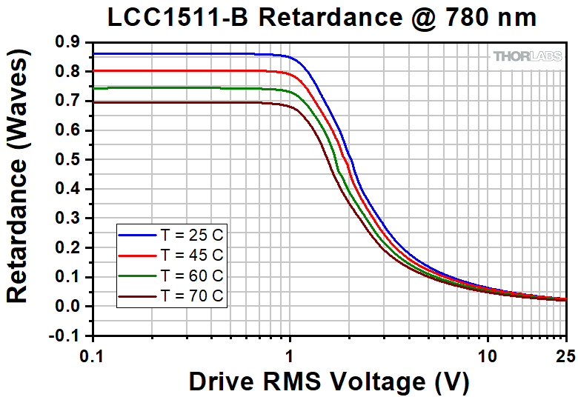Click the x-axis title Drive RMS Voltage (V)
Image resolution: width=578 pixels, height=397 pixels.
click(x=328, y=381)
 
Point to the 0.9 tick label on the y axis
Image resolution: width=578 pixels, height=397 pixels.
click(x=67, y=43)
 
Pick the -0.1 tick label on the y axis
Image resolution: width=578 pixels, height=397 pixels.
click(x=65, y=336)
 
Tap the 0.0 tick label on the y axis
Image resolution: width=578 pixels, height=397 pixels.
click(x=67, y=307)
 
